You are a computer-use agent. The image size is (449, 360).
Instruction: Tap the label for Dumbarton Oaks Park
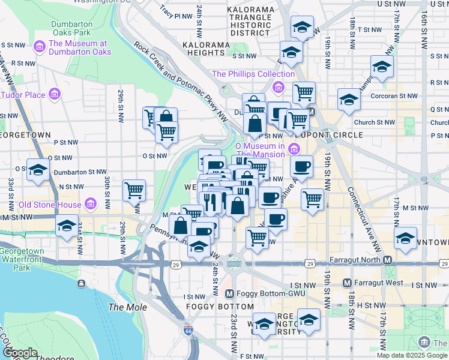click(71, 28)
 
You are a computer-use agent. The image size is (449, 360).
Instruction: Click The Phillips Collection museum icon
click(278, 88)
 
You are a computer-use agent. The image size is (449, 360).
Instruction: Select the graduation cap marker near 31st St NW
click(66, 226)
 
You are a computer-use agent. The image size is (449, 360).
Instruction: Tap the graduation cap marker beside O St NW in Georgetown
click(38, 170)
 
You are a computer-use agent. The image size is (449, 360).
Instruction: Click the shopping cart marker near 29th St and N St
click(134, 191)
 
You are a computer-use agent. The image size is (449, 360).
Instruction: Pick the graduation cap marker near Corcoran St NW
click(348, 100)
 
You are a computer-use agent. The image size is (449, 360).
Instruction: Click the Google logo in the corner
click(20, 353)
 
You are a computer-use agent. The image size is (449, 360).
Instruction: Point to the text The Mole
click(124, 307)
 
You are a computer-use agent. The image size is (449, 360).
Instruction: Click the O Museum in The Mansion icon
click(294, 149)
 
